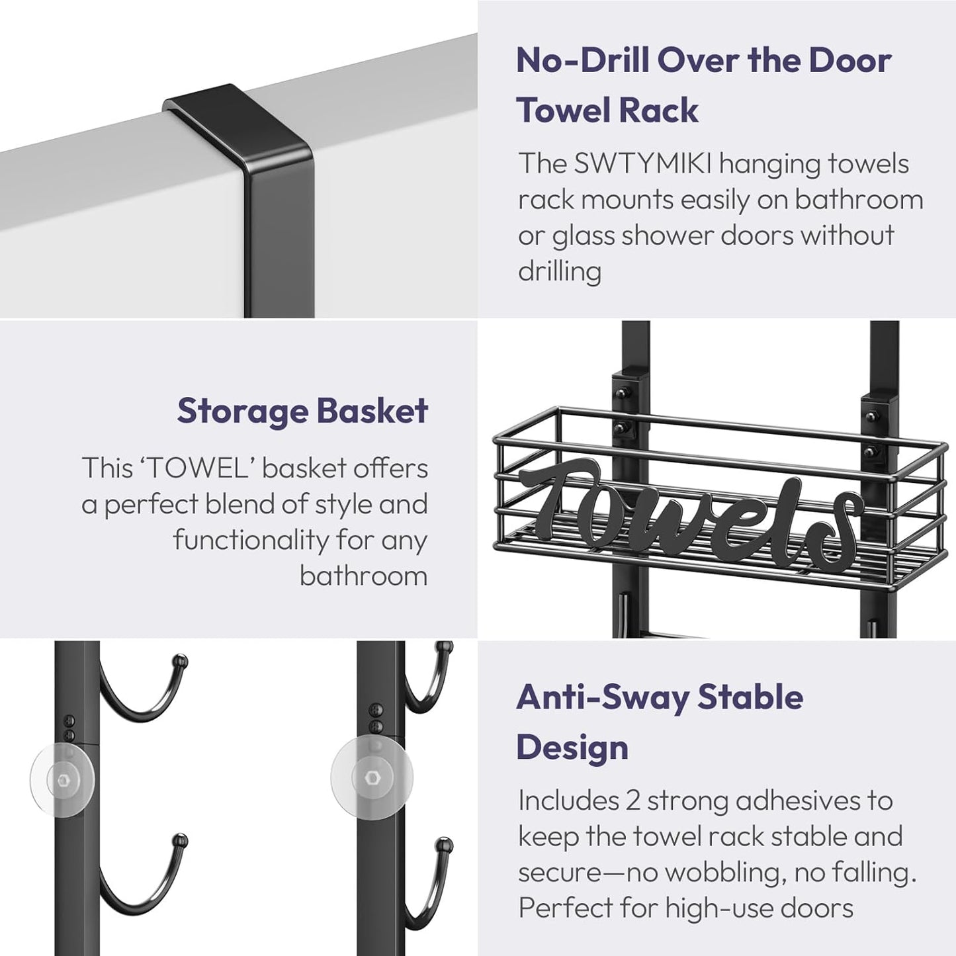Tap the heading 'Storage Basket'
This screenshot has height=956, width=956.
click(x=302, y=411)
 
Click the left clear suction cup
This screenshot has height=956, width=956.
click(x=62, y=777)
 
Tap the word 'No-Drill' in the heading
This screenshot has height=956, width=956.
click(x=580, y=60)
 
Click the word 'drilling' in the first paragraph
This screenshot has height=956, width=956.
click(x=559, y=271)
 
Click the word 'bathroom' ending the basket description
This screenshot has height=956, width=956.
click(x=363, y=576)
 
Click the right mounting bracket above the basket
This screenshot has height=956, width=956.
click(x=872, y=423)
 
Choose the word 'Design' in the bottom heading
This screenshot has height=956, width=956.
click(x=572, y=748)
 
